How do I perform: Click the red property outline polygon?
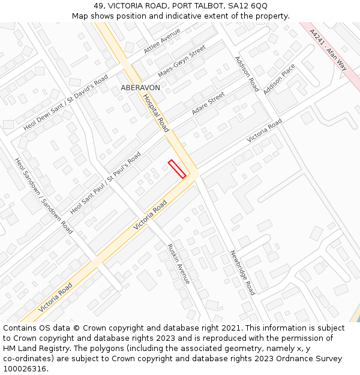[177, 169]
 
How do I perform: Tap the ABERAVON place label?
[140, 88]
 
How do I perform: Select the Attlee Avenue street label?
[162, 41]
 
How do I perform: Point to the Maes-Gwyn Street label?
[182, 61]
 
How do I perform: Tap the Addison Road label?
[246, 74]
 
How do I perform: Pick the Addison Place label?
[279, 79]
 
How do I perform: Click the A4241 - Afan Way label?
[328, 50]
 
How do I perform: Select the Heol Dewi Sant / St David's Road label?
[66, 103]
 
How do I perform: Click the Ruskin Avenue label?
[178, 264]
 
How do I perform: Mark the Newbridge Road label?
[242, 272]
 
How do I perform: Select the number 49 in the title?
[98, 6]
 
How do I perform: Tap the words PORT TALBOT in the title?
[193, 6]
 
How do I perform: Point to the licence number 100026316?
[26, 368]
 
